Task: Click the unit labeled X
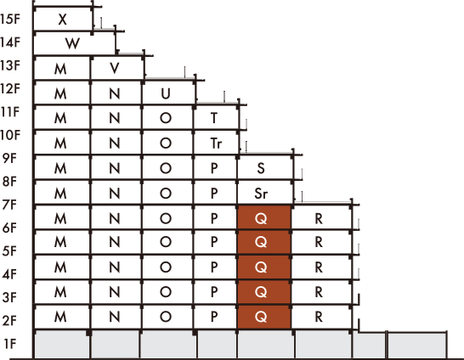[63, 19]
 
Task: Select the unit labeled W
[74, 43]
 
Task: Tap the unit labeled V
[117, 68]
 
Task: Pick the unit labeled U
[168, 93]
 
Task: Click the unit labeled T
[216, 117]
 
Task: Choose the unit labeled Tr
[216, 143]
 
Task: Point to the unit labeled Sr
[265, 193]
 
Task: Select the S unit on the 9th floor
[265, 167]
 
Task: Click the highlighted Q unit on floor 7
[264, 217]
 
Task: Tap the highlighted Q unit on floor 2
[264, 317]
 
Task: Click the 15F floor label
[10, 19]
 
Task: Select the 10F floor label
[10, 135]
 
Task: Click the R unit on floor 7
[321, 217]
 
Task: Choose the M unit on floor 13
[62, 68]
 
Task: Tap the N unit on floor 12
[116, 93]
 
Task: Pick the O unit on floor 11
[167, 117]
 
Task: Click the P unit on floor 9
[215, 167]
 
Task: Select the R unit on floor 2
[321, 317]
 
